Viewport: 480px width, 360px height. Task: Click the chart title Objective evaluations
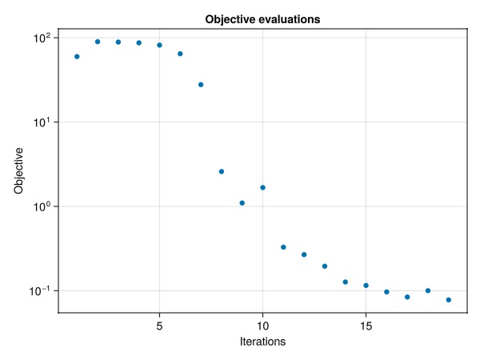pos(262,19)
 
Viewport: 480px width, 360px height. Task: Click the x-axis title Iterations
pos(262,342)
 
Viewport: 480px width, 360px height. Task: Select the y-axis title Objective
pos(18,171)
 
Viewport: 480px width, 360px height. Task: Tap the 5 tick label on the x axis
pos(159,326)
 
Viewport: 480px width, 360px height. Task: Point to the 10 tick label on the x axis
pos(262,326)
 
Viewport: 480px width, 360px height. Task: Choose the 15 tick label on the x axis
pos(366,326)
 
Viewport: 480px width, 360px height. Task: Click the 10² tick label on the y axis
pos(42,38)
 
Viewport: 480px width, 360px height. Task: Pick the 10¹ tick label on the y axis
pos(42,122)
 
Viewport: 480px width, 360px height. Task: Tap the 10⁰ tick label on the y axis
pos(42,207)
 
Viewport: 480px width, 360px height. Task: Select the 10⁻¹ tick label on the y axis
pos(39,291)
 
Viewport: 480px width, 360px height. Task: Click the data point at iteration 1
pos(77,57)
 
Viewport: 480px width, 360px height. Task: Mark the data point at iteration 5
pos(159,46)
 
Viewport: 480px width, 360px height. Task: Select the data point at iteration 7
pos(201,85)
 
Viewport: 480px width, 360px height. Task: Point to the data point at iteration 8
pos(222,172)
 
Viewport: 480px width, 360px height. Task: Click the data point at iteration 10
pos(262,188)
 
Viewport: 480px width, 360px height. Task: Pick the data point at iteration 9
pos(242,203)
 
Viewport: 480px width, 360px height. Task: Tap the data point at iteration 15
pos(366,286)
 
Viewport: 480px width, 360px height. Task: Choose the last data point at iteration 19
pos(449,300)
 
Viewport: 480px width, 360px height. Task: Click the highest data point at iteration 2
pos(98,42)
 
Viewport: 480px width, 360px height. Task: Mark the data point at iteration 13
pos(325,266)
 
